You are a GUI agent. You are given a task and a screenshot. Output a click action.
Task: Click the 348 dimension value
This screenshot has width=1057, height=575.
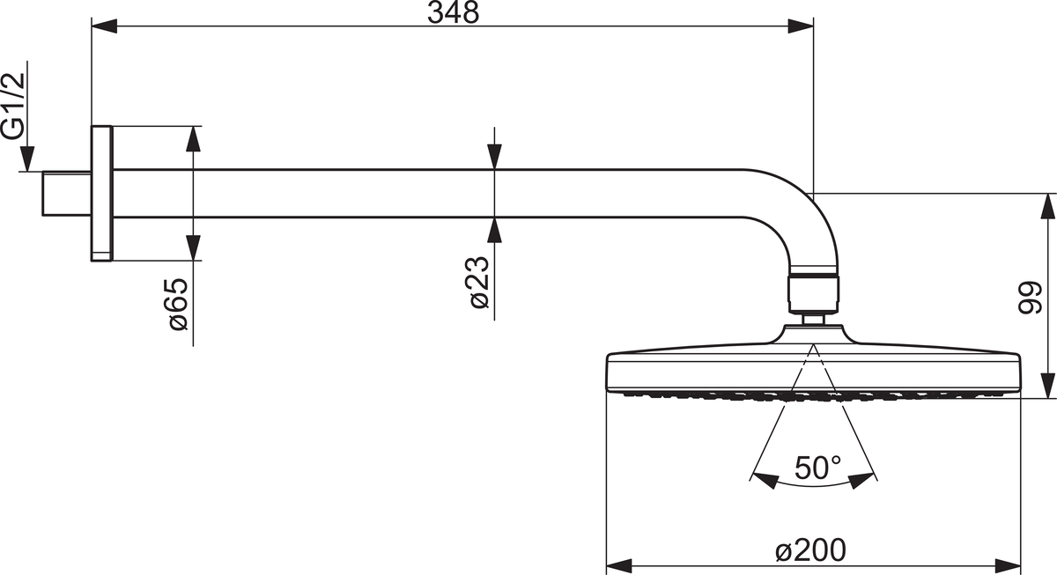453,12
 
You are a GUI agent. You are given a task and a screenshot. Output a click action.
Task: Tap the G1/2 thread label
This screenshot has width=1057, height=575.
12,107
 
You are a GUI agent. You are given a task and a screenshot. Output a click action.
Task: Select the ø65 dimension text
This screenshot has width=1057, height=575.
179,305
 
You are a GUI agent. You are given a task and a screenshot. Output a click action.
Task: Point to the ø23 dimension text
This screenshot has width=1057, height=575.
479,283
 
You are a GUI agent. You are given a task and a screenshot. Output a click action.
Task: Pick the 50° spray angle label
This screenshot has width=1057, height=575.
817,468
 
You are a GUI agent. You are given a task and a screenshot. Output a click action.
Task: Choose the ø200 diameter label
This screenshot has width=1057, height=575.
810,550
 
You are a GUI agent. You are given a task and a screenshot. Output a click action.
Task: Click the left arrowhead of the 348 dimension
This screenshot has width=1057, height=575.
104,26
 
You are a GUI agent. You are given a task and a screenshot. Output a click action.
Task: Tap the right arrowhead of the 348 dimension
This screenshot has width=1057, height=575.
801,26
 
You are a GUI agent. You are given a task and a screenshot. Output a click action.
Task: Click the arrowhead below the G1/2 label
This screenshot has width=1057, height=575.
27,159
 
